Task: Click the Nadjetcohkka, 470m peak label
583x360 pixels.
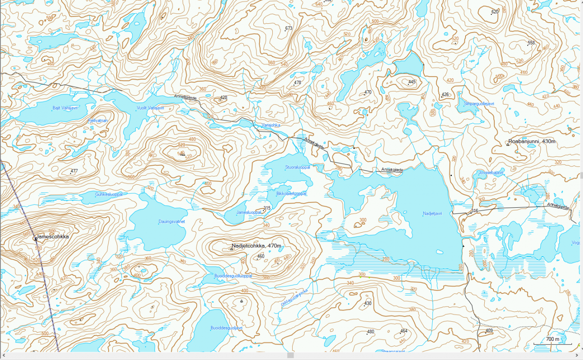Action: pos(256,245)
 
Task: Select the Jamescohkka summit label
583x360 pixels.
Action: pos(52,236)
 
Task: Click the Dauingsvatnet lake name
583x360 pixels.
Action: pos(171,222)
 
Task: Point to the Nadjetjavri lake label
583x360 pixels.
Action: pos(432,214)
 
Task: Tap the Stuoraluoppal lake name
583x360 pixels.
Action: pos(297,167)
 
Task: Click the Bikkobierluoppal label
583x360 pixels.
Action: pos(291,194)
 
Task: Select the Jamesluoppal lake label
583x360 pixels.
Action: pos(249,212)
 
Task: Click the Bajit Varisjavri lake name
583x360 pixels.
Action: pos(65,108)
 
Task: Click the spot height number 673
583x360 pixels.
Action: pos(289,28)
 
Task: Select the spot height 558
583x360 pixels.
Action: pos(531,43)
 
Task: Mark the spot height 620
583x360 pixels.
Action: pos(495,12)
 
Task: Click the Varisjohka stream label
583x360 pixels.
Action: pos(271,125)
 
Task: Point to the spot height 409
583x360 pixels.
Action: pos(489,331)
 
